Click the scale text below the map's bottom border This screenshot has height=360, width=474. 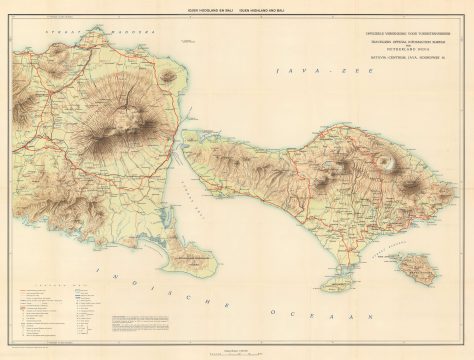pos(237,348)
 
